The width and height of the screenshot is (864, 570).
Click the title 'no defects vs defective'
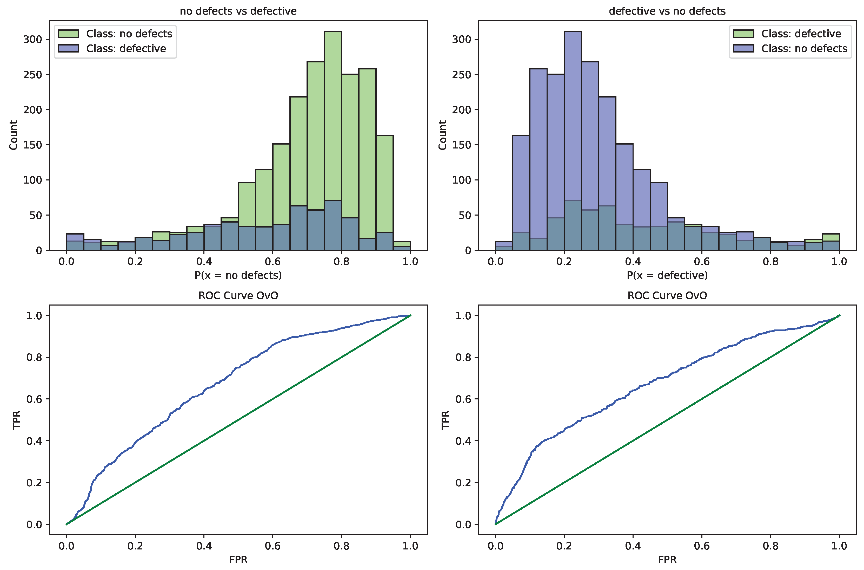pos(238,11)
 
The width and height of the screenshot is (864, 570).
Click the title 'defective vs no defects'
pos(667,11)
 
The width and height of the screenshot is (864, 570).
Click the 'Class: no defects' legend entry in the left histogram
pos(129,34)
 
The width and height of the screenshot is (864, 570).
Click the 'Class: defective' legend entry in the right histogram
pos(801,34)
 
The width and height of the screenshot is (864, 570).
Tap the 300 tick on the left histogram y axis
pos(33,39)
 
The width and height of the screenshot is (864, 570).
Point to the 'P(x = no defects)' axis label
pos(238,275)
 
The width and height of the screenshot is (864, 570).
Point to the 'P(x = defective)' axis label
pos(667,275)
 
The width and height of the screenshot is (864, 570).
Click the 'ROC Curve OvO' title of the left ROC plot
pos(238,296)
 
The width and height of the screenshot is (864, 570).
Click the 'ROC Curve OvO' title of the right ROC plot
pos(667,296)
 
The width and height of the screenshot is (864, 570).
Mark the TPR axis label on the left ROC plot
pos(16,420)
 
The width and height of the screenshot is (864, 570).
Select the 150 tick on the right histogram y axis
pos(462,145)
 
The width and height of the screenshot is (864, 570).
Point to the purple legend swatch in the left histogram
pos(68,48)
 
